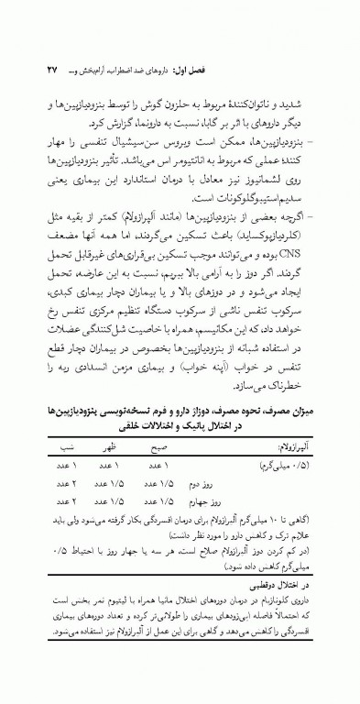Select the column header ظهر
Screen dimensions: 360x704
point(106,449)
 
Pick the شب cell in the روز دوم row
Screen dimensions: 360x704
point(64,483)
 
